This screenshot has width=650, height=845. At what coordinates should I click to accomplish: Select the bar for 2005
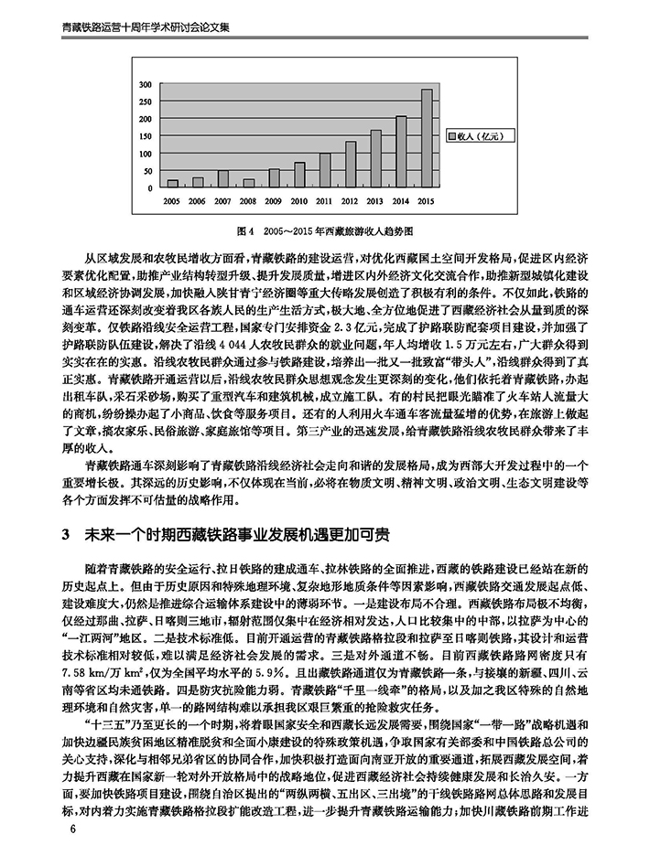point(172,184)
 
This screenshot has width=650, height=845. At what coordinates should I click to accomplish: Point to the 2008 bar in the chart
point(249,183)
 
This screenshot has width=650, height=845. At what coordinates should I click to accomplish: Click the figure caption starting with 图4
point(324,233)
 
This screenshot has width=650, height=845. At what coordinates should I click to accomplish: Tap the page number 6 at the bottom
point(61,829)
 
